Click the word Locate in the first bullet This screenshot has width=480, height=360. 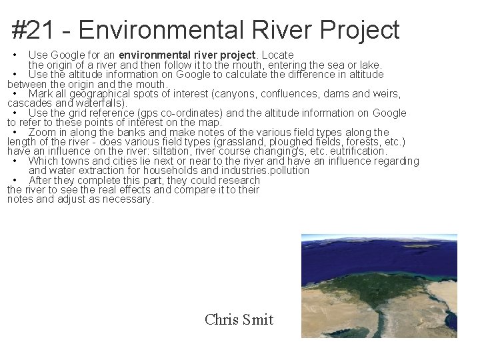277,55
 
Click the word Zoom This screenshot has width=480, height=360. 42,132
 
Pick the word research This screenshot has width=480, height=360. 238,180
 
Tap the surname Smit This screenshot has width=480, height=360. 259,319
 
